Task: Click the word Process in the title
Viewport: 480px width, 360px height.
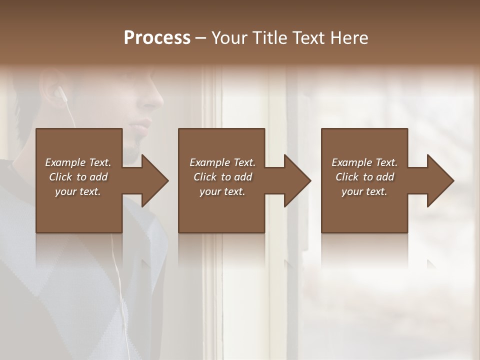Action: click(157, 38)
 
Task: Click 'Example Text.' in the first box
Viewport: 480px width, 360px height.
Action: click(78, 162)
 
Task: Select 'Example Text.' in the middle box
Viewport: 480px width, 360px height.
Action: click(222, 162)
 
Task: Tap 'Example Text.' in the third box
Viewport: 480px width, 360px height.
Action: click(364, 162)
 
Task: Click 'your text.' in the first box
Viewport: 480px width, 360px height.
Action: click(78, 191)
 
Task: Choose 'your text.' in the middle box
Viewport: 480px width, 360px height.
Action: click(222, 191)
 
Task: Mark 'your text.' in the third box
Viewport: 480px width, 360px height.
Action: click(364, 191)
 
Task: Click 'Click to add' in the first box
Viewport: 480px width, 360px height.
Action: click(78, 177)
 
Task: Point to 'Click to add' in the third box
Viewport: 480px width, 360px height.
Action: click(364, 177)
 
